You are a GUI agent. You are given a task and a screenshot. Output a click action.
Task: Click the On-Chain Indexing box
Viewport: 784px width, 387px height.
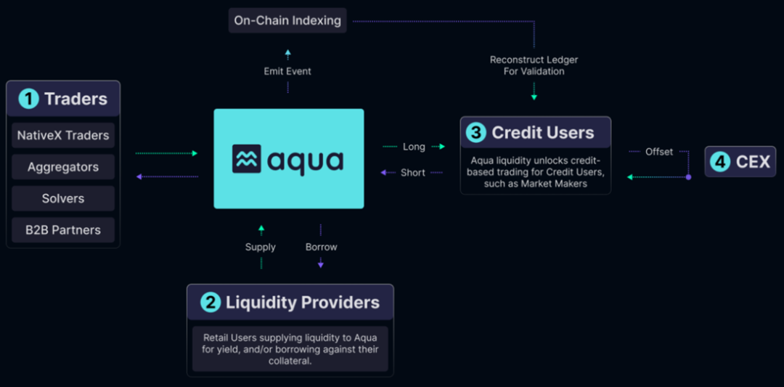(287, 20)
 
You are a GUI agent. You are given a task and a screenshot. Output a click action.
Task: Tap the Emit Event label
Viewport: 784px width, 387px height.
(287, 71)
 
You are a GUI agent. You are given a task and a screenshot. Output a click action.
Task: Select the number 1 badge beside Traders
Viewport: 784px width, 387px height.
(28, 99)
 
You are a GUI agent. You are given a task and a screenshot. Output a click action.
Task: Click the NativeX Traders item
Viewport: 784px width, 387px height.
(63, 135)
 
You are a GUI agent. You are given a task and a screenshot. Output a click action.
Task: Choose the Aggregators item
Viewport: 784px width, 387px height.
(63, 167)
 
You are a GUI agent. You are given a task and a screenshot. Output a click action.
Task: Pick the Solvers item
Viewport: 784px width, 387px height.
(63, 198)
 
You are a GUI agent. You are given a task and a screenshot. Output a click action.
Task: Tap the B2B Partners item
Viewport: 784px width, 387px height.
(63, 230)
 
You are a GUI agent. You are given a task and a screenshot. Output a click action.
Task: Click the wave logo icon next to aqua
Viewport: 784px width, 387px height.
(247, 159)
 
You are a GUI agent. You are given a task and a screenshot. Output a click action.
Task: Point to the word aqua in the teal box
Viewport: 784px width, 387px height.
(306, 160)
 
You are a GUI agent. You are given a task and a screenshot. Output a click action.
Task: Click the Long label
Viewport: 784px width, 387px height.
(414, 147)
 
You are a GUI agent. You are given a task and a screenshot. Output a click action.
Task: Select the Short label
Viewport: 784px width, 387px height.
(412, 173)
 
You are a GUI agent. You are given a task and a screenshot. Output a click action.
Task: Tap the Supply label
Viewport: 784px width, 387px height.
(261, 247)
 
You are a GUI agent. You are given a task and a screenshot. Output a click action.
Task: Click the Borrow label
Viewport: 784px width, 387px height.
(321, 247)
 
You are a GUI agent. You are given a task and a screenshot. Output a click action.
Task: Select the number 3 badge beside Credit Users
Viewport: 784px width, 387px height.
(476, 133)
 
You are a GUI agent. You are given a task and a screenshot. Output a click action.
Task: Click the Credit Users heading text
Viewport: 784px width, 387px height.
(543, 133)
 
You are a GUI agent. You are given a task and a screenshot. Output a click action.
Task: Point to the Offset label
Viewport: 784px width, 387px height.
(659, 152)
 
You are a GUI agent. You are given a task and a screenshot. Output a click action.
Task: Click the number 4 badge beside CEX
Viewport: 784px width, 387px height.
(719, 161)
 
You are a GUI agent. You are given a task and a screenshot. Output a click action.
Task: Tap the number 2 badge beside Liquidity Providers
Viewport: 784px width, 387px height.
(210, 302)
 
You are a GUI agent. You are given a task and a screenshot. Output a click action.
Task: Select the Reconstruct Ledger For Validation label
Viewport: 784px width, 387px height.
(534, 65)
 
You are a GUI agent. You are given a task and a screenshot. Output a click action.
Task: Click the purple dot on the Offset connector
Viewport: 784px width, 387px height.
(689, 176)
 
